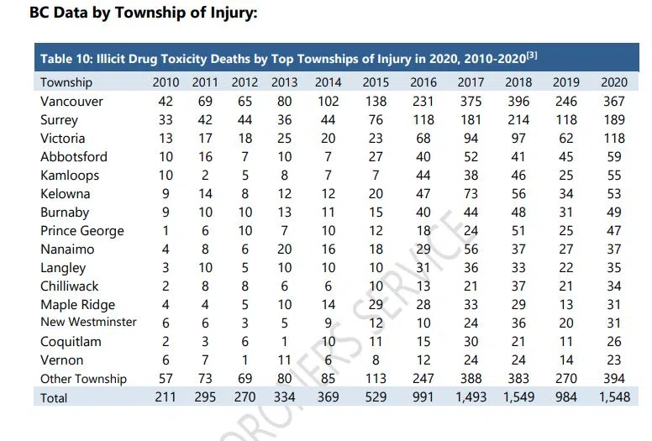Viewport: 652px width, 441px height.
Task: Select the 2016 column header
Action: (424, 82)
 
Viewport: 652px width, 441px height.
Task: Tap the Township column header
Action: (66, 82)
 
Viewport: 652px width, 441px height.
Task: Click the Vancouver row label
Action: (71, 102)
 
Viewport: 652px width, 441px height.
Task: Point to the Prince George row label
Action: (81, 231)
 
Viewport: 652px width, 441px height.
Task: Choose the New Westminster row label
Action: (88, 323)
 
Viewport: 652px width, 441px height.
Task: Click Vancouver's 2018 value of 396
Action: (519, 102)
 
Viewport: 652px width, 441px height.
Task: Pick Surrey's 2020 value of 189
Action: (615, 120)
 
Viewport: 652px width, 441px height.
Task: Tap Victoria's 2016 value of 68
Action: (424, 138)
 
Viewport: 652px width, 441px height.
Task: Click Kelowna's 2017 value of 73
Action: (471, 193)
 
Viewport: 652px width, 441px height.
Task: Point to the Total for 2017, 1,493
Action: (471, 397)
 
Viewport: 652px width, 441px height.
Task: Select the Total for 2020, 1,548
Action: (615, 397)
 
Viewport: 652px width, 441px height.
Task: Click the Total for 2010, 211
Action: (166, 397)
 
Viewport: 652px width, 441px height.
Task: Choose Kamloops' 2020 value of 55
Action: (615, 175)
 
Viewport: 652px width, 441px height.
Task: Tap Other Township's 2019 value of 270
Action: (567, 379)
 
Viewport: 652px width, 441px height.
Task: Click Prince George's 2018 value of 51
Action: (519, 231)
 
